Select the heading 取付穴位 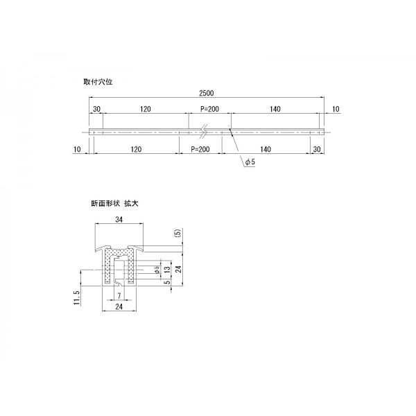tap(98, 81)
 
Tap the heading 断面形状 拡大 tap(115, 203)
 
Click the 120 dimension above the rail tap(146, 110)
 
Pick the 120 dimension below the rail tap(135, 149)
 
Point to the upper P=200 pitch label tap(209, 110)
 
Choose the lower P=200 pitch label tap(200, 149)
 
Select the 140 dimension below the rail tap(266, 149)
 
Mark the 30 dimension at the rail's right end tap(316, 149)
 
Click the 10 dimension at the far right tap(336, 110)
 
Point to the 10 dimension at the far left tap(76, 149)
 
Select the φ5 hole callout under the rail tap(250, 162)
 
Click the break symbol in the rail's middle tap(204, 129)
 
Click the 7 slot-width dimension tap(119, 296)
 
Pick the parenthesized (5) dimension tap(178, 235)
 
